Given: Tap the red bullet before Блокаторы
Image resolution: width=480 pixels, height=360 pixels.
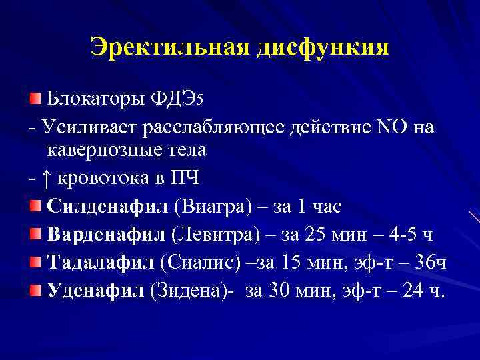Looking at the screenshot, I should (35, 99).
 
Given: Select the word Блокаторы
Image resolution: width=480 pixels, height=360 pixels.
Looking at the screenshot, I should (89, 99).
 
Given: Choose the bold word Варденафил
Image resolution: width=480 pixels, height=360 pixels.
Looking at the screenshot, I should (107, 235).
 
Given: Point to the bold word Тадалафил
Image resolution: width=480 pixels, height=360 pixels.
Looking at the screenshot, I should (101, 263).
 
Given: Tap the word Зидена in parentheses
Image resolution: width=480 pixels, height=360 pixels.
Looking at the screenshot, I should (189, 291).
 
